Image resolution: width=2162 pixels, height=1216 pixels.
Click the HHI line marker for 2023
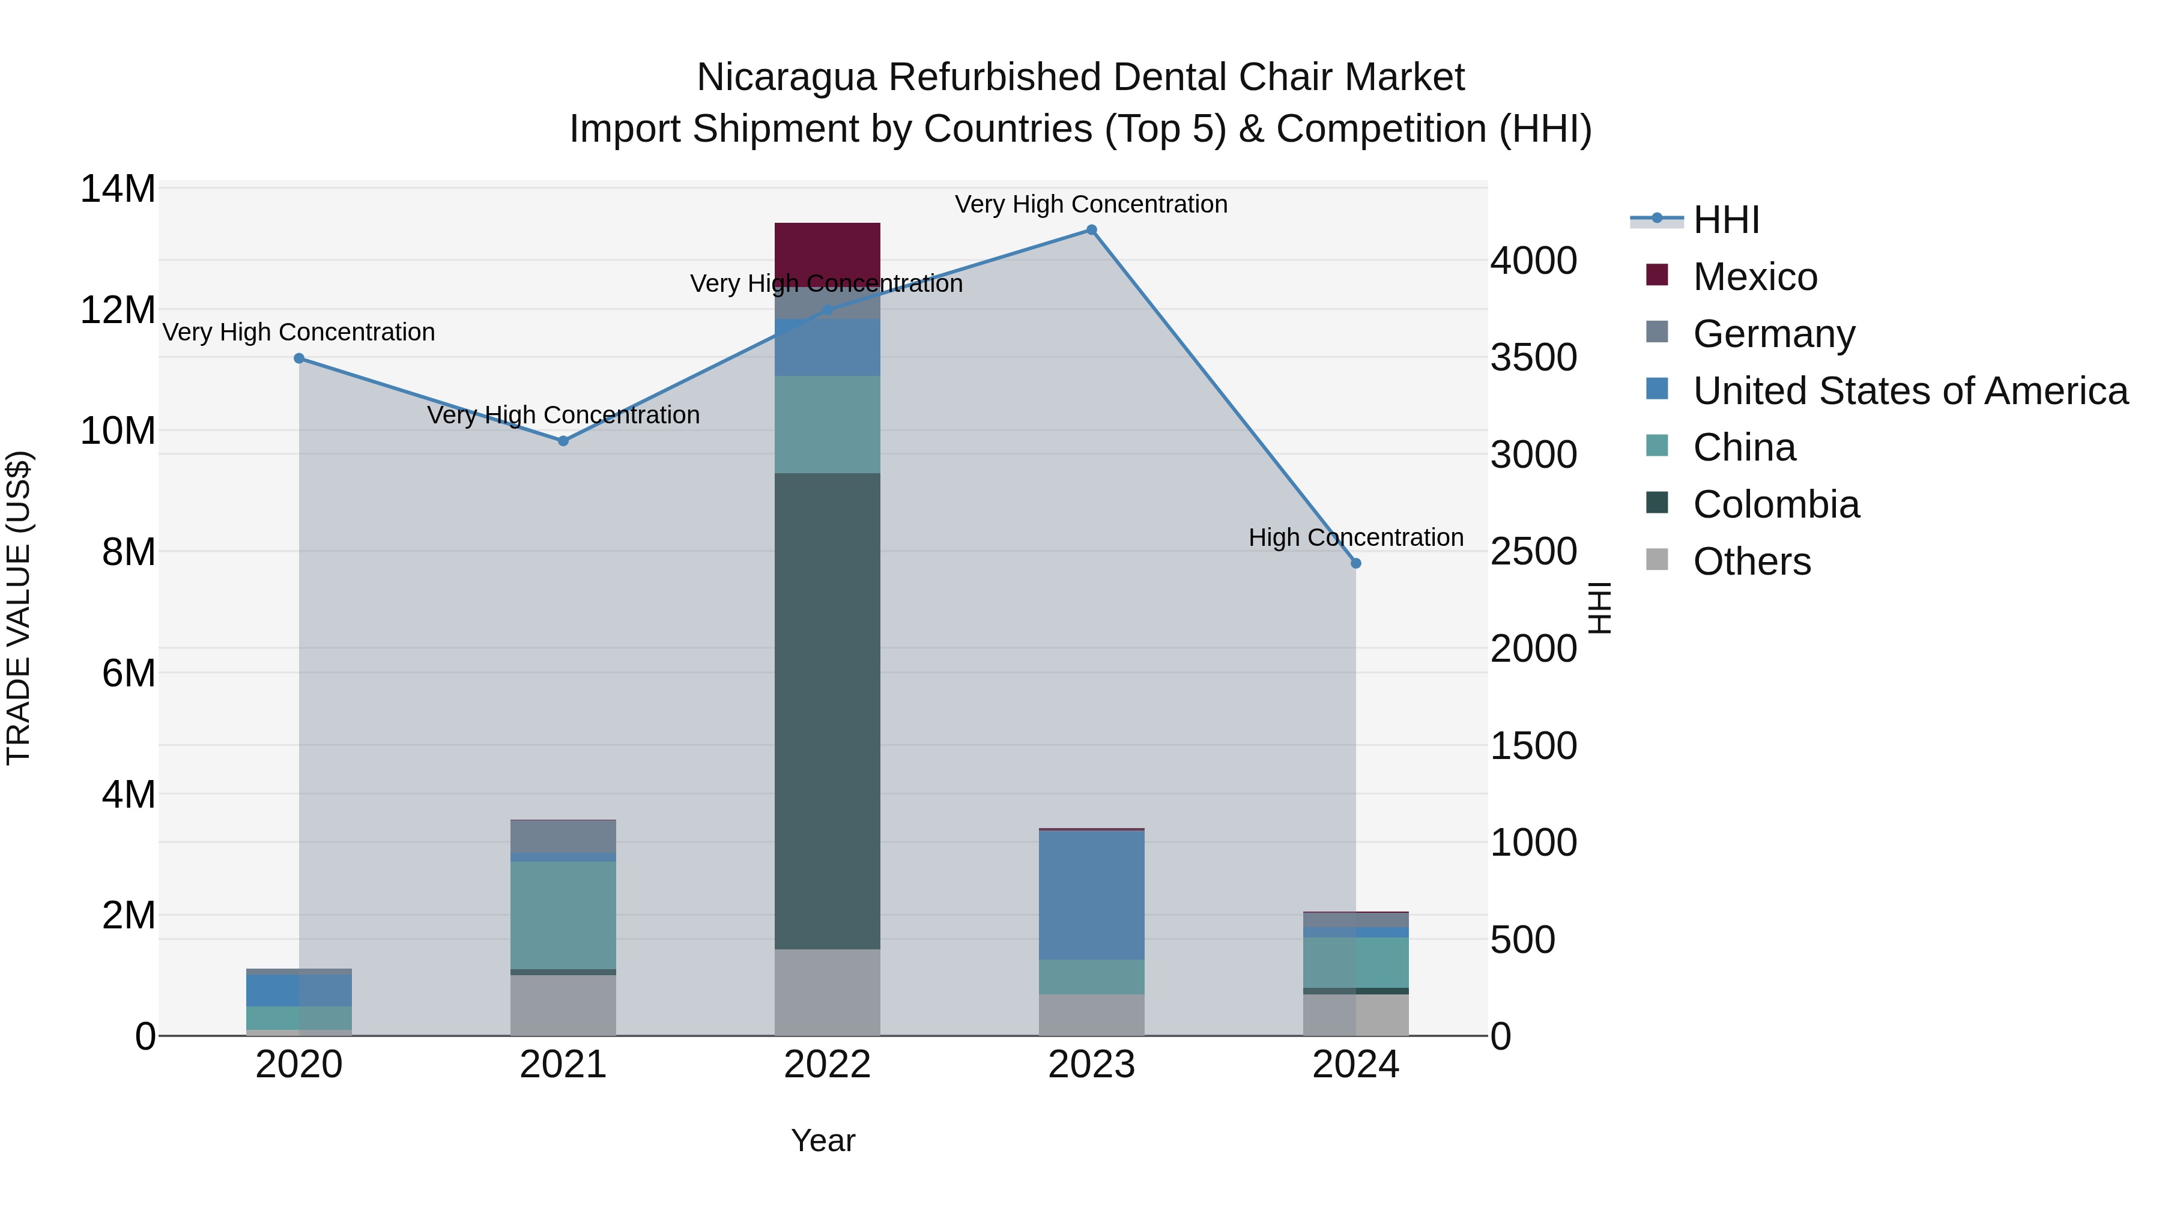pos(1091,230)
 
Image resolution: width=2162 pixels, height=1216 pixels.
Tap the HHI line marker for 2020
pos(299,358)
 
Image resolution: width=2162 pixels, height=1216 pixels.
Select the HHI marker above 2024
pos(1355,563)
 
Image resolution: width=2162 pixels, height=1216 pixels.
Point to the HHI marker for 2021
pos(563,441)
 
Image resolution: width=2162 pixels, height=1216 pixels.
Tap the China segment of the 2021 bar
pos(563,915)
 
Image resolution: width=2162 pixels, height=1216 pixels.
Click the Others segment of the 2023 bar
pos(1091,1015)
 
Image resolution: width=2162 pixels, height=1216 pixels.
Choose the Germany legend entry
pos(1773,334)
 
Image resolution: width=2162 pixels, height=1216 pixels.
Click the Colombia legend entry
pos(1775,504)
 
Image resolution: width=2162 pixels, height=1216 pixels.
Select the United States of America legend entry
pos(1909,391)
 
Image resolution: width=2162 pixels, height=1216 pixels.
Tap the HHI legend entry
pos(1725,220)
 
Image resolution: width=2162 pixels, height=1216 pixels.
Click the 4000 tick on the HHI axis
pos(1533,261)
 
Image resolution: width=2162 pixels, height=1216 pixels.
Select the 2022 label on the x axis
pos(827,1065)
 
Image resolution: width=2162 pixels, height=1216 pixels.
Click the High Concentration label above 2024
pos(1355,537)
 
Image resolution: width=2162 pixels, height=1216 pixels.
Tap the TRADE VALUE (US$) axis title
pos(19,608)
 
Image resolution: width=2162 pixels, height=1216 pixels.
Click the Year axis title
pos(823,1140)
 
